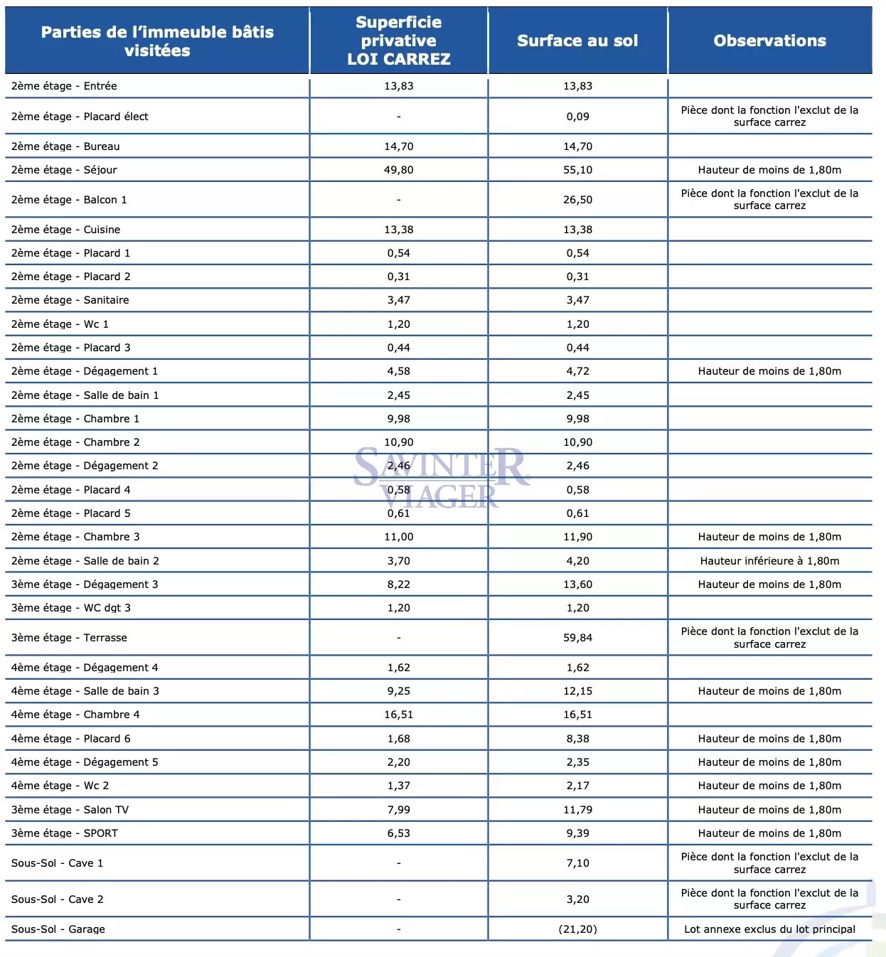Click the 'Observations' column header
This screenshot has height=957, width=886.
click(x=769, y=41)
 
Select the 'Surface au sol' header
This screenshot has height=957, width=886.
click(x=577, y=41)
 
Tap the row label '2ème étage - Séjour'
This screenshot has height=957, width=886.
click(x=64, y=170)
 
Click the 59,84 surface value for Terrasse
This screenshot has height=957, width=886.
click(x=577, y=638)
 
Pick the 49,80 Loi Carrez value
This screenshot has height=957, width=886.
click(x=398, y=170)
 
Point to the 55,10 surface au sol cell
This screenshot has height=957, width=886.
click(x=577, y=170)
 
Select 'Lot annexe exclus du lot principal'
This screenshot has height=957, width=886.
click(x=769, y=929)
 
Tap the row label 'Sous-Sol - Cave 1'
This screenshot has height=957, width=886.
click(x=57, y=863)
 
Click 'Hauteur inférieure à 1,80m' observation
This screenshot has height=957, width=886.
click(x=769, y=561)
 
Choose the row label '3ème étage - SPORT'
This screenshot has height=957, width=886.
click(x=65, y=833)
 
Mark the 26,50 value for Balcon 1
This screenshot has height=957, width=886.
click(x=577, y=200)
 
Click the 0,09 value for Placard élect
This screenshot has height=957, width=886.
click(x=577, y=117)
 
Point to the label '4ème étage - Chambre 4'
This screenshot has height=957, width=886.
click(x=75, y=715)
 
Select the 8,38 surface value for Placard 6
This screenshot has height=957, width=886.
click(x=577, y=739)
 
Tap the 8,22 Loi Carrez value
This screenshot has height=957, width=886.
click(x=398, y=584)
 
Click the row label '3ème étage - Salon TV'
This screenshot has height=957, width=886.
click(x=70, y=810)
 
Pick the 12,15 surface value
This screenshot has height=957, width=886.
click(x=577, y=691)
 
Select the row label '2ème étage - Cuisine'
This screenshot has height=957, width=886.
click(x=65, y=230)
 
